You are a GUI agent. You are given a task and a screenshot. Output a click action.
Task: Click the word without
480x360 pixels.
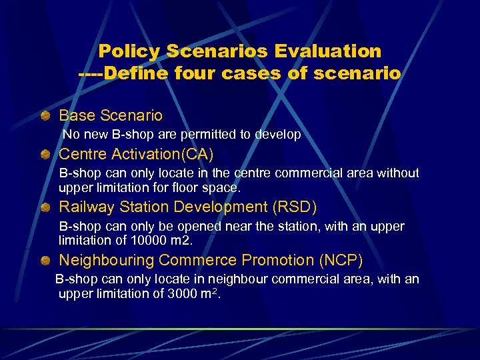(397, 173)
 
